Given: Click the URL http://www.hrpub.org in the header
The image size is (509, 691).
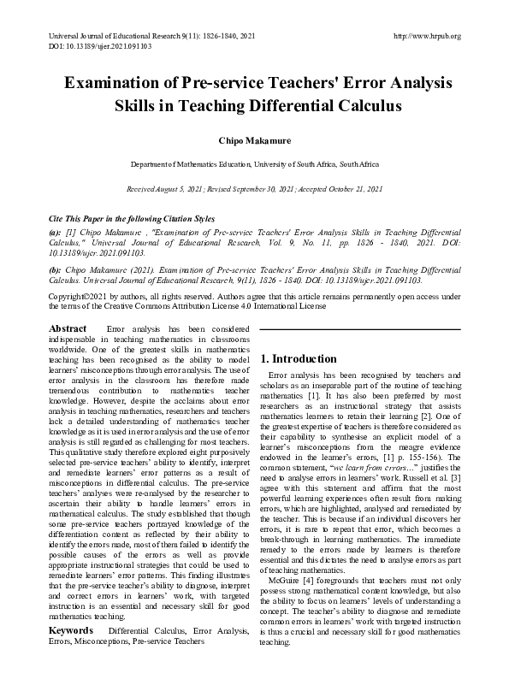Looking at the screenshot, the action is (x=425, y=36).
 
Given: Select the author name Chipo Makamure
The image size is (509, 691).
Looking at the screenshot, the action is (x=254, y=139).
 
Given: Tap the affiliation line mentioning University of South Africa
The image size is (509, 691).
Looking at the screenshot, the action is (x=254, y=163).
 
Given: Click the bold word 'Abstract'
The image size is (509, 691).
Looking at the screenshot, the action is (x=68, y=328).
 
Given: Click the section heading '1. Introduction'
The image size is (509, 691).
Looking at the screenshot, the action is (x=299, y=359).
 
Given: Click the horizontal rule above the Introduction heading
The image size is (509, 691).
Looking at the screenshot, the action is (x=360, y=328).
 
